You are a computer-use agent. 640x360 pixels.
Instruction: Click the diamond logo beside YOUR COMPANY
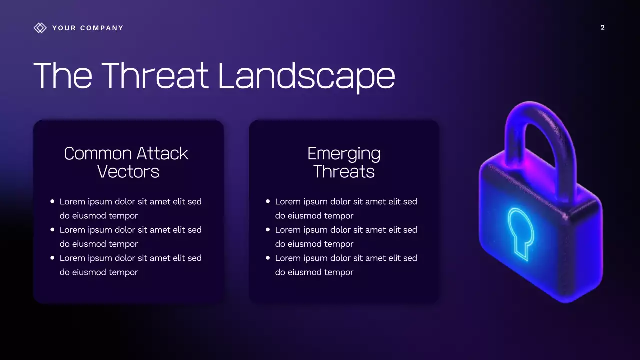click(40, 28)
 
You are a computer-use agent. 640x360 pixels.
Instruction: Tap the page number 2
click(602, 28)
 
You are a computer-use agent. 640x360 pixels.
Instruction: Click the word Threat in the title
click(155, 76)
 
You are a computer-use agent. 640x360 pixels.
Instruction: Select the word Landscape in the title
click(306, 76)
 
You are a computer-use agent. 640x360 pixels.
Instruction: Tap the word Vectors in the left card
click(128, 172)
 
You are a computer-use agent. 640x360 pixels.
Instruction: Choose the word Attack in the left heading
click(163, 153)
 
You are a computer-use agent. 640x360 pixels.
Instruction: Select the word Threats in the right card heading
click(344, 172)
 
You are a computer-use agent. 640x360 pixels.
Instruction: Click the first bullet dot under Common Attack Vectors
click(52, 201)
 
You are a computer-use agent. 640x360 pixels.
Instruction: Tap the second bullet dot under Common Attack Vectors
click(52, 230)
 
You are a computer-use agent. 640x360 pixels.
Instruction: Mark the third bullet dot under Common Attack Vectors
click(52, 258)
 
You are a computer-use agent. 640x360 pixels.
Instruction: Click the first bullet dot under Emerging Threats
click(268, 201)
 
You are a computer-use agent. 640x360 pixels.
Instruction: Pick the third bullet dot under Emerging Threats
click(268, 258)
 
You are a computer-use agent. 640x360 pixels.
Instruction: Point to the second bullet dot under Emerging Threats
click(268, 230)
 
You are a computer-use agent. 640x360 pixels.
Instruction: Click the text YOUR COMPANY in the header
click(88, 28)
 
